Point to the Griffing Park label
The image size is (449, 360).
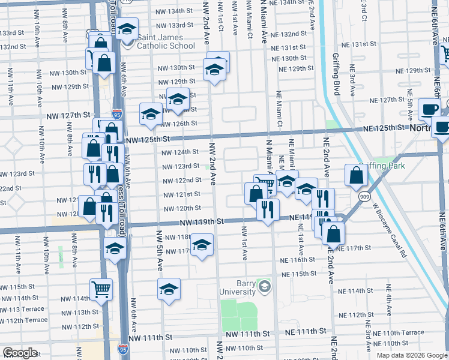[x=382, y=166]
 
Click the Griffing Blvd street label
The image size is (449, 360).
[x=336, y=74]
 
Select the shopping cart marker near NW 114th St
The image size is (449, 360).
[x=101, y=289]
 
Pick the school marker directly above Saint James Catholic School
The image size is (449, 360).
[x=127, y=28]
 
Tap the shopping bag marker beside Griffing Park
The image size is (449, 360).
[x=356, y=175]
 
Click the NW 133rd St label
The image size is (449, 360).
[x=174, y=26]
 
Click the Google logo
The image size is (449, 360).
[x=20, y=353]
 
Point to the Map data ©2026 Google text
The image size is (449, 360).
[x=411, y=355]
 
